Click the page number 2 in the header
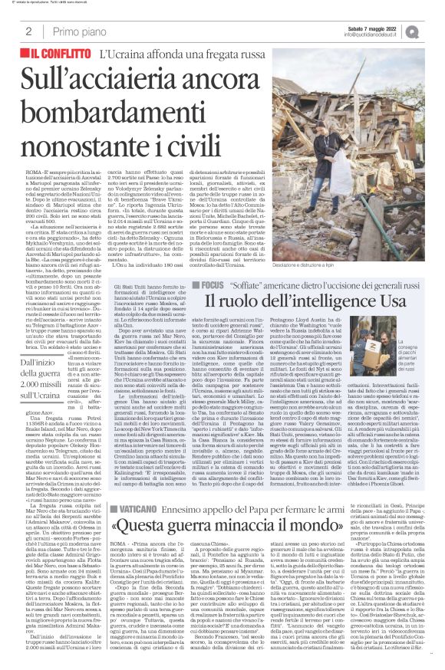pyautogui.click(x=28, y=31)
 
